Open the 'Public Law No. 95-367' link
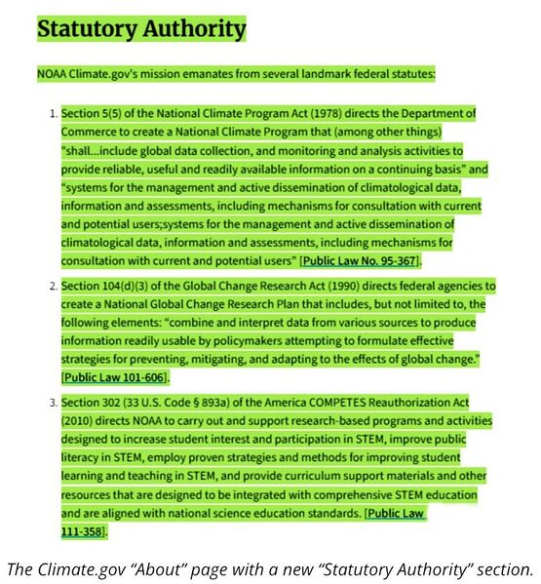tap(360, 261)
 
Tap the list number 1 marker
tap(53, 114)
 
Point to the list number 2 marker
tap(53, 287)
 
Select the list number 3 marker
tap(53, 402)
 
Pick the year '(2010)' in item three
tap(82, 420)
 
